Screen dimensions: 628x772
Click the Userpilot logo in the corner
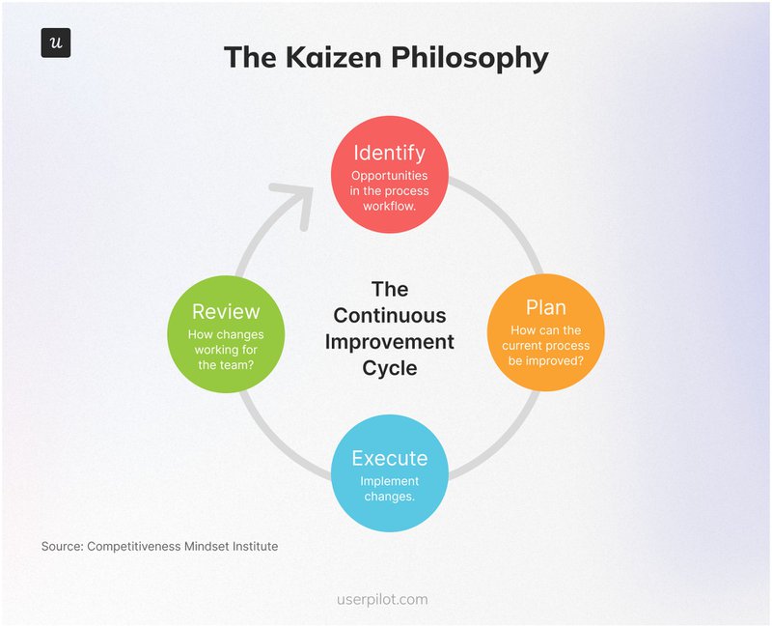pos(56,43)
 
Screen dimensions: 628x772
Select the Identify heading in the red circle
pos(389,154)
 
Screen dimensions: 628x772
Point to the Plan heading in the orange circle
pos(545,307)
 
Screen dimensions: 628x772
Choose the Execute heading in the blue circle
pos(389,458)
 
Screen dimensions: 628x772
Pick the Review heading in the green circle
pos(226,311)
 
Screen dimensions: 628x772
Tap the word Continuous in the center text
pos(390,315)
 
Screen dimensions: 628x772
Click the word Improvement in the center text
pos(390,341)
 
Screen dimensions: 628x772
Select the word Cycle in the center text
pos(390,368)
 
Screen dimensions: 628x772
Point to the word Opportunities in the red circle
pos(389,176)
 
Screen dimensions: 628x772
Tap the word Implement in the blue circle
pos(389,481)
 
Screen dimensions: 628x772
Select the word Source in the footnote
pos(61,547)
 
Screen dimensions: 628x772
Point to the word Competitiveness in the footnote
pos(130,547)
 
